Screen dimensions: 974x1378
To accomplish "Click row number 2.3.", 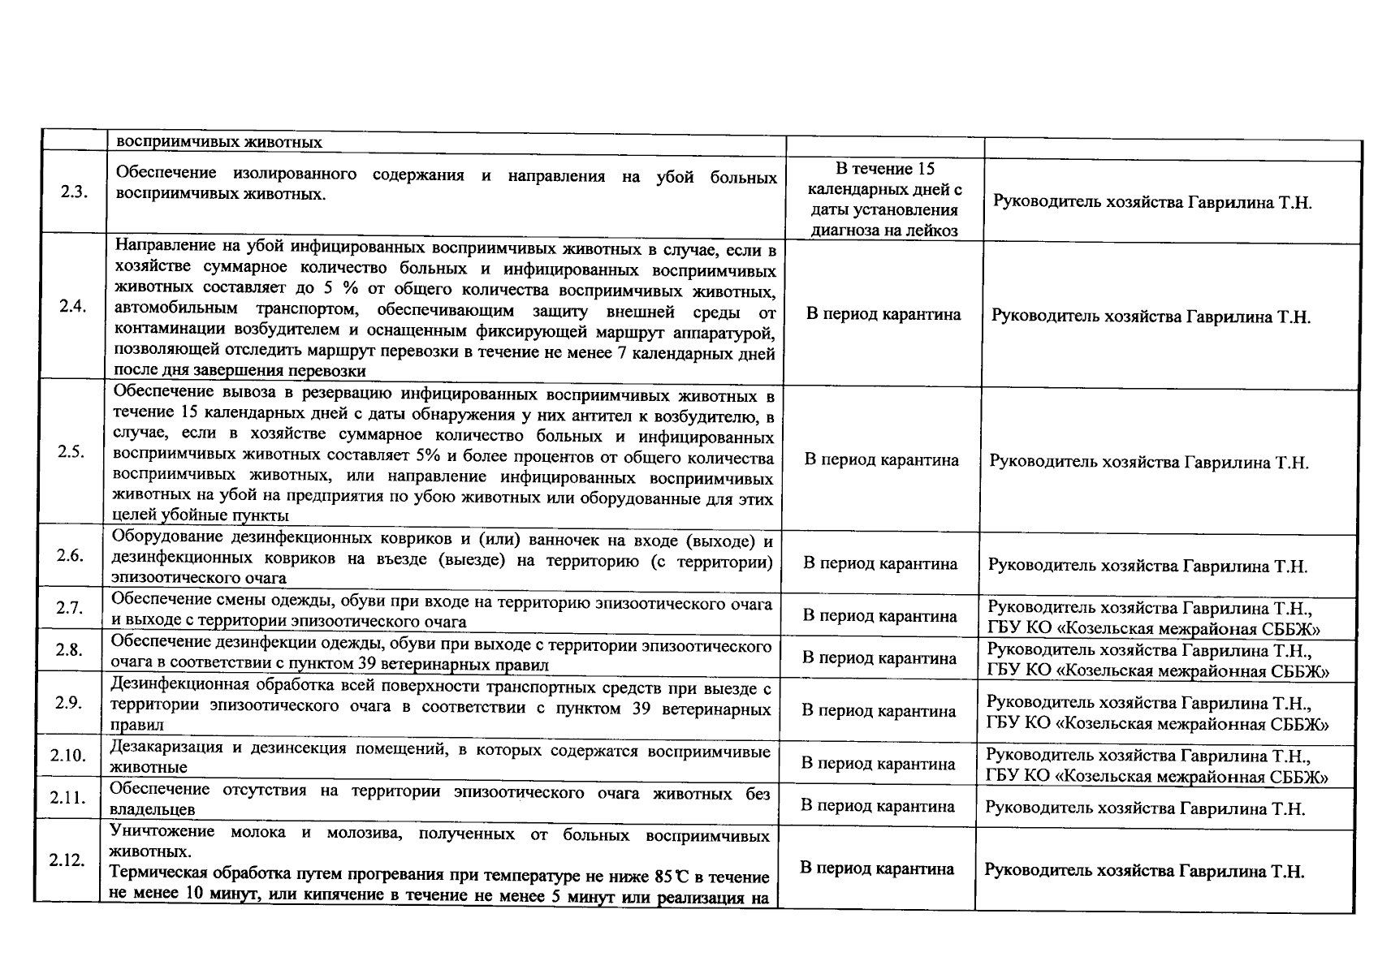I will [x=74, y=195].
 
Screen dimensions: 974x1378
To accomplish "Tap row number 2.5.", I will [x=71, y=452].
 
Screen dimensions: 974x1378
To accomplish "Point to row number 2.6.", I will [x=71, y=555].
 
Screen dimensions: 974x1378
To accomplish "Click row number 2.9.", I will [x=69, y=702].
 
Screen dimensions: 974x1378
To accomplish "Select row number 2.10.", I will [x=68, y=755].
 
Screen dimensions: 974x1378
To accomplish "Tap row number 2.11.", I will [x=67, y=797].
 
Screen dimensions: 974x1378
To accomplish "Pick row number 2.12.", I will [x=67, y=860].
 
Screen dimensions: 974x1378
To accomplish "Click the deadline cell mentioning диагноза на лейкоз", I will [x=885, y=200].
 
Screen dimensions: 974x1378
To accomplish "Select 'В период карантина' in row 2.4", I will [x=883, y=314].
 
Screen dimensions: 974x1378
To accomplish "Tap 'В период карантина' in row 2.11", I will [x=877, y=806].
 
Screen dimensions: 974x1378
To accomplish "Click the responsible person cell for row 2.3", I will [x=1152, y=203].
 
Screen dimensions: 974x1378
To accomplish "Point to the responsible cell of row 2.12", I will [x=1144, y=871].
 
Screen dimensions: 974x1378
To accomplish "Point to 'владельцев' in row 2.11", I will [x=152, y=809].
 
